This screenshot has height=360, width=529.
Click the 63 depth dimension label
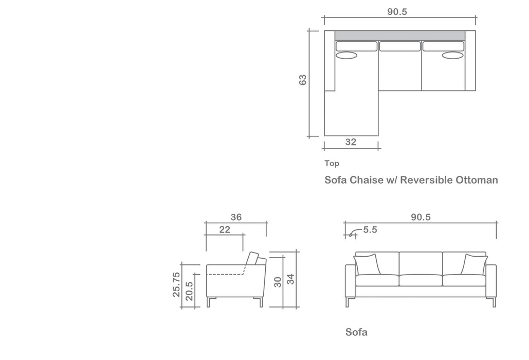tap(303, 80)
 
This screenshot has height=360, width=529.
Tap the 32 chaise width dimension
tap(351, 142)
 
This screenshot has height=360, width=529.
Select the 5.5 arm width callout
tap(370, 230)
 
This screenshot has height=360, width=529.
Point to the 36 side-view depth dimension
tap(236, 217)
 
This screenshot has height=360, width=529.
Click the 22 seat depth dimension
tap(225, 230)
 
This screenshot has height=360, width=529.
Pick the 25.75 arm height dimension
tap(176, 285)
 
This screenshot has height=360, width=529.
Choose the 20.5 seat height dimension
tap(189, 291)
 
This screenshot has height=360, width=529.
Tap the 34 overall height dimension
tap(290, 279)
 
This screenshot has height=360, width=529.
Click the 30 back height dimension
tap(278, 282)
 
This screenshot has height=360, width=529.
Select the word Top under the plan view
tap(332, 164)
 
